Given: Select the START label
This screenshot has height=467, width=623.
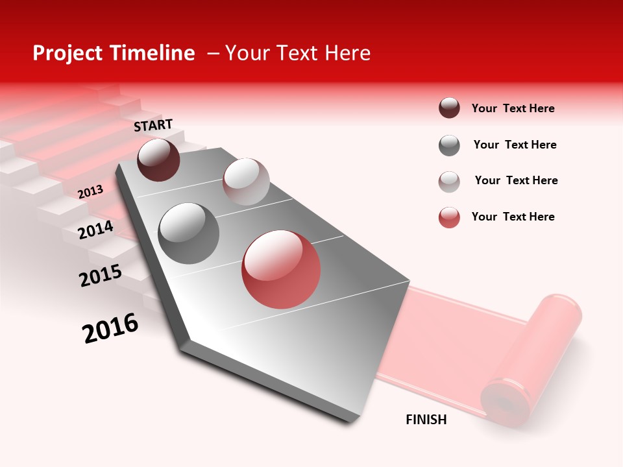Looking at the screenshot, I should [x=153, y=125].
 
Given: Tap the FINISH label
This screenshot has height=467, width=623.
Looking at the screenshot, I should [x=426, y=420].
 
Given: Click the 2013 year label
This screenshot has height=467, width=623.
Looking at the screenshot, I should [x=90, y=192].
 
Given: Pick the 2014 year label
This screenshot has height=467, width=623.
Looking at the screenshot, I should [x=95, y=230].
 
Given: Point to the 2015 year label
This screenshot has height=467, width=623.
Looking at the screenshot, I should [x=100, y=276].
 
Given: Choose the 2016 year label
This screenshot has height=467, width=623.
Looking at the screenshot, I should [x=110, y=328].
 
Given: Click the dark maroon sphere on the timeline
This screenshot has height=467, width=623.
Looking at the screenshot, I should [x=158, y=160].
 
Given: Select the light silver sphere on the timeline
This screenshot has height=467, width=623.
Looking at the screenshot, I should [x=246, y=182].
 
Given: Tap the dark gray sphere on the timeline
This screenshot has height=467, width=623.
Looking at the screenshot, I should [x=189, y=233].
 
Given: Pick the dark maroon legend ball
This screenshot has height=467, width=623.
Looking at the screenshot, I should [x=449, y=108].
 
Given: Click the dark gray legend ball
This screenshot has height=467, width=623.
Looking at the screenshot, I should [x=449, y=145].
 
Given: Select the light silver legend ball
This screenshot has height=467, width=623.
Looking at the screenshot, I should [x=449, y=182].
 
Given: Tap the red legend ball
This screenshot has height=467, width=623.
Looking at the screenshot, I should [x=449, y=217].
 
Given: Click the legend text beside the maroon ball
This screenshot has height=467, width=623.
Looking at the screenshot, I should [x=513, y=108].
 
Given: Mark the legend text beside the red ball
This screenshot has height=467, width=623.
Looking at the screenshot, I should [x=513, y=217].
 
